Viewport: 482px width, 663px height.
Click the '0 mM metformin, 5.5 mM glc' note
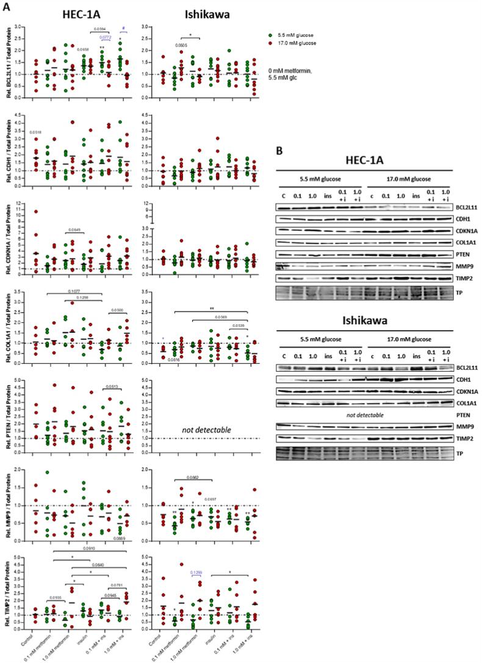tap(295, 74)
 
